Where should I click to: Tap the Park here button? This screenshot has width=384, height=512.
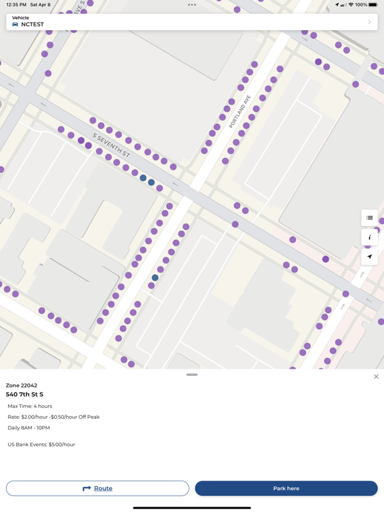coord(286,489)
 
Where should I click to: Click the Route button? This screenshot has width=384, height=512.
coord(97,489)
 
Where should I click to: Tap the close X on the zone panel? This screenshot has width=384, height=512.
coord(376,377)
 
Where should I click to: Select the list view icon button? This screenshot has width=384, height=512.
coord(369,218)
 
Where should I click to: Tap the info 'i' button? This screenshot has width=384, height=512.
coord(369,237)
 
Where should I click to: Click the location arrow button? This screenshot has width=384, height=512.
coord(369,257)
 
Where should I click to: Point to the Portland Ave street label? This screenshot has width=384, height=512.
coord(240,111)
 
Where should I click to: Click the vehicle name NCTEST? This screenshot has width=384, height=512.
coord(32,25)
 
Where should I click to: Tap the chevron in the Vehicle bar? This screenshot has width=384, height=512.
coord(369,22)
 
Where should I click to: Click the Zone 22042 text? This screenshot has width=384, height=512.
coord(22,385)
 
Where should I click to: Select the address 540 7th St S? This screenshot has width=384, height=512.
coord(25,395)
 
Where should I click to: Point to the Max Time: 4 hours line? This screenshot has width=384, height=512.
coord(30,406)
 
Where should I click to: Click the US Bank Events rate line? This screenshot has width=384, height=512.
coord(41,445)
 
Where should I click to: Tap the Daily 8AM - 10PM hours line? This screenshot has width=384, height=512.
coord(29,428)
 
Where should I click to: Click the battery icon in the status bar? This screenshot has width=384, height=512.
coord(373,5)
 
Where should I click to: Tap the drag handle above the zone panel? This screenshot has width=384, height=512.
coord(192,375)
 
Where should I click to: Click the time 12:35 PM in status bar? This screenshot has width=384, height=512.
coord(16,5)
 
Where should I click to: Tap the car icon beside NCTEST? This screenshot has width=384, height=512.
coord(15,25)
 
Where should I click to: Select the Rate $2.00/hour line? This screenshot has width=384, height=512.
coord(53,417)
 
